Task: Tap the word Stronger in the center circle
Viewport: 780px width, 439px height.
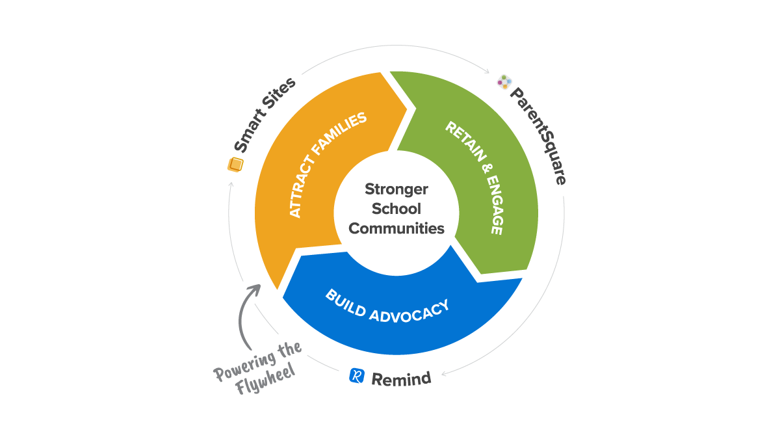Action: (x=396, y=189)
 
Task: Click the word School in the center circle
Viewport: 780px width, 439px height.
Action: (x=396, y=209)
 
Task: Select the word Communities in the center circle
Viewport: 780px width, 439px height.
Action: (x=396, y=228)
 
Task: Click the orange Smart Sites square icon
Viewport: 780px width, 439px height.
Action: (x=235, y=165)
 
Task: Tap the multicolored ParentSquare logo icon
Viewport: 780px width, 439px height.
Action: (x=505, y=82)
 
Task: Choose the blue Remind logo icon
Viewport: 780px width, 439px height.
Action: (x=357, y=375)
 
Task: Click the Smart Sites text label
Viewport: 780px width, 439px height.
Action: (x=265, y=116)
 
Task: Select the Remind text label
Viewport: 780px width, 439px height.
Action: (x=401, y=378)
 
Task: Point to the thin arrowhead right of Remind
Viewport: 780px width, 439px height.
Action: (x=445, y=373)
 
